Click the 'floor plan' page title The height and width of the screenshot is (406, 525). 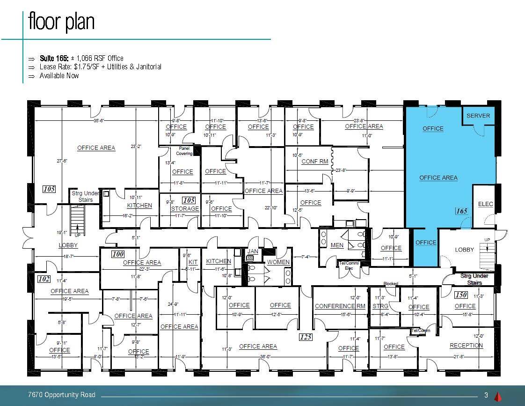(x=61, y=22)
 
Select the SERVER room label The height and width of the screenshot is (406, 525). (x=478, y=116)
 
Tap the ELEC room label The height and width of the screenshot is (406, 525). (x=486, y=204)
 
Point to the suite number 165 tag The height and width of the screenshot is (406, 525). (x=461, y=211)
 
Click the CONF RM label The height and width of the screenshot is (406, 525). (x=314, y=162)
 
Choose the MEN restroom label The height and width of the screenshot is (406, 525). (x=337, y=245)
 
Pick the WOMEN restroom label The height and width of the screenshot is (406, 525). (x=278, y=262)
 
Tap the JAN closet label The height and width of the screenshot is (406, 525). (x=253, y=251)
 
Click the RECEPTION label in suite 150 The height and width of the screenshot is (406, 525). (x=466, y=346)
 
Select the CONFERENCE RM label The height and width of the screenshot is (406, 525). (x=340, y=306)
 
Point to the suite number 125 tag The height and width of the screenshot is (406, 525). (x=306, y=337)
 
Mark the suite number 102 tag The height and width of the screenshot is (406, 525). (x=44, y=279)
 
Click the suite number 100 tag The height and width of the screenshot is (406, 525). (x=117, y=254)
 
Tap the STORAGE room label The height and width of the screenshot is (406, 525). (x=185, y=209)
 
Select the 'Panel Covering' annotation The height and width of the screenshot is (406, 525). (x=184, y=151)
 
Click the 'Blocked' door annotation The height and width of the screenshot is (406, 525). (x=391, y=284)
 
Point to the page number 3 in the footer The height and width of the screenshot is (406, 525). (x=486, y=395)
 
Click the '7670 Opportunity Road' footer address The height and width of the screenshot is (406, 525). (x=62, y=395)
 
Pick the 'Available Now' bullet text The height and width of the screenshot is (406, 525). (x=59, y=76)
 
